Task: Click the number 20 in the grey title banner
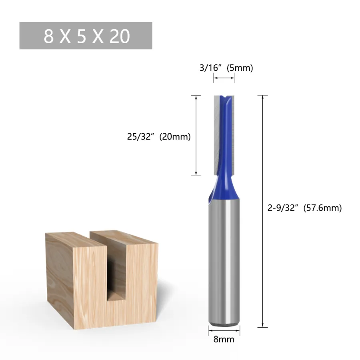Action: tap(120, 36)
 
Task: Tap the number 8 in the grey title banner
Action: tap(49, 36)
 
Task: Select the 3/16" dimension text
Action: tap(210, 68)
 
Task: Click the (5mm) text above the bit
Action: tap(240, 68)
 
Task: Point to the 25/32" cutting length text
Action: tap(140, 137)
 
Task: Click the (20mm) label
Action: tap(175, 137)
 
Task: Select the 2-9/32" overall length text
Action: tap(283, 208)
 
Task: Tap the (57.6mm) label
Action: tap(322, 208)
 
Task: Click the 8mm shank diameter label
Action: tap(224, 339)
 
